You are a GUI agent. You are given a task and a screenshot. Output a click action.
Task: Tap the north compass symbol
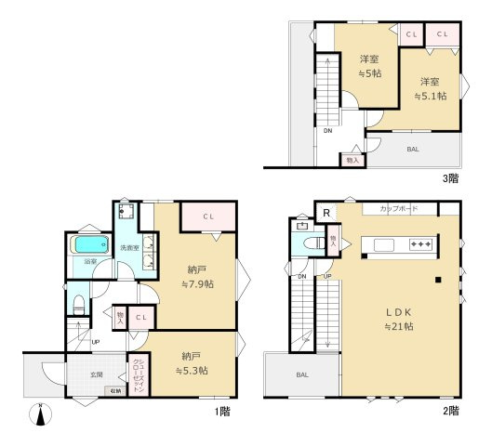[x=41, y=414]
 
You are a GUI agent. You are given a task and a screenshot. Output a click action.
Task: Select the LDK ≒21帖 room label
[x=398, y=318]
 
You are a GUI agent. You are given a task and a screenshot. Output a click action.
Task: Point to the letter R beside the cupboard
[x=326, y=212]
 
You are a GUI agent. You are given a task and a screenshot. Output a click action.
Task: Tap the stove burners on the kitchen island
[x=421, y=244]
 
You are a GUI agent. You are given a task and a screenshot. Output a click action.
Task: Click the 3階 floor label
[x=449, y=177]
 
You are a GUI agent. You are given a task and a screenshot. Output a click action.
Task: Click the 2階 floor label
[x=450, y=410]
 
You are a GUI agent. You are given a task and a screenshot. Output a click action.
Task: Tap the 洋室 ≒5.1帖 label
[x=428, y=86]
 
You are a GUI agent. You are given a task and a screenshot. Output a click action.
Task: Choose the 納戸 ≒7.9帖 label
[x=196, y=275]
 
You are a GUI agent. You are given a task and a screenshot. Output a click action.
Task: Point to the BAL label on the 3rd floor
[x=412, y=149]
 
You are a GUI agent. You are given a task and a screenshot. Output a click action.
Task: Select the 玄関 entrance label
[x=96, y=374]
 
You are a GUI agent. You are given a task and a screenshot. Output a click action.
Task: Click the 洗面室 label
[x=129, y=248]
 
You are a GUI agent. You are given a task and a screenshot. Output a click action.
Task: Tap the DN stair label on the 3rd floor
[x=327, y=130]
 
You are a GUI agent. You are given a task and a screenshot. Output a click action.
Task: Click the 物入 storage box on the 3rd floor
[x=352, y=161]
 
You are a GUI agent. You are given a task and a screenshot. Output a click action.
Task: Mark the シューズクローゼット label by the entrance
[x=137, y=376]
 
